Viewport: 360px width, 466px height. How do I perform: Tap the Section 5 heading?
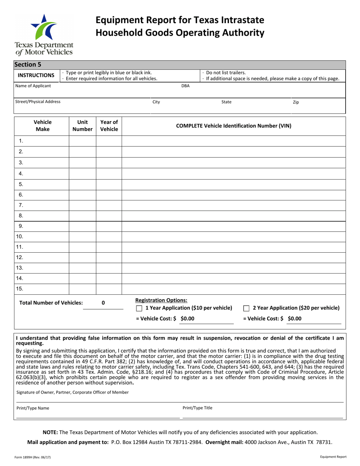pyautogui.click(x=28, y=64)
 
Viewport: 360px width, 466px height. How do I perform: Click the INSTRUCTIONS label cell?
pyautogui.click(x=37, y=75)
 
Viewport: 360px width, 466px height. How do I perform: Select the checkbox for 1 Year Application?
pyautogui.click(x=139, y=308)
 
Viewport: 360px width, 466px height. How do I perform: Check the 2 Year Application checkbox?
pyautogui.click(x=246, y=308)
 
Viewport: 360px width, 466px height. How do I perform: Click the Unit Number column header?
pyautogui.click(x=82, y=126)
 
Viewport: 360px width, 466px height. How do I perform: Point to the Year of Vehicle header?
pyautogui.click(x=109, y=126)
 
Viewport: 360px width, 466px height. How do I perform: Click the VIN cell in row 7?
pyautogui.click(x=234, y=205)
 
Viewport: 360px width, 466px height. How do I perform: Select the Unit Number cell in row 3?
pyautogui.click(x=82, y=163)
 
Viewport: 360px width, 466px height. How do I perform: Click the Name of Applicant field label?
pyautogui.click(x=33, y=86)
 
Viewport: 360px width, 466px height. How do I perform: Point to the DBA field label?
pyautogui.click(x=185, y=86)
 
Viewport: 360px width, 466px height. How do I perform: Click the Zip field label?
pyautogui.click(x=296, y=102)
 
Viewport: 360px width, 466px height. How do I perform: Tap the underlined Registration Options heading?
pyautogui.click(x=161, y=300)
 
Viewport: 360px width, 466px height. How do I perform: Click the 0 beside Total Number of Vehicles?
pyautogui.click(x=103, y=303)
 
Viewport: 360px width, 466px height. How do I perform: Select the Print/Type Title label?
pyautogui.click(x=197, y=408)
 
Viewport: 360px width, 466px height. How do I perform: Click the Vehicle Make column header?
pyautogui.click(x=42, y=126)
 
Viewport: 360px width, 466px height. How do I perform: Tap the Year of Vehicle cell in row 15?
pyautogui.click(x=109, y=289)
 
